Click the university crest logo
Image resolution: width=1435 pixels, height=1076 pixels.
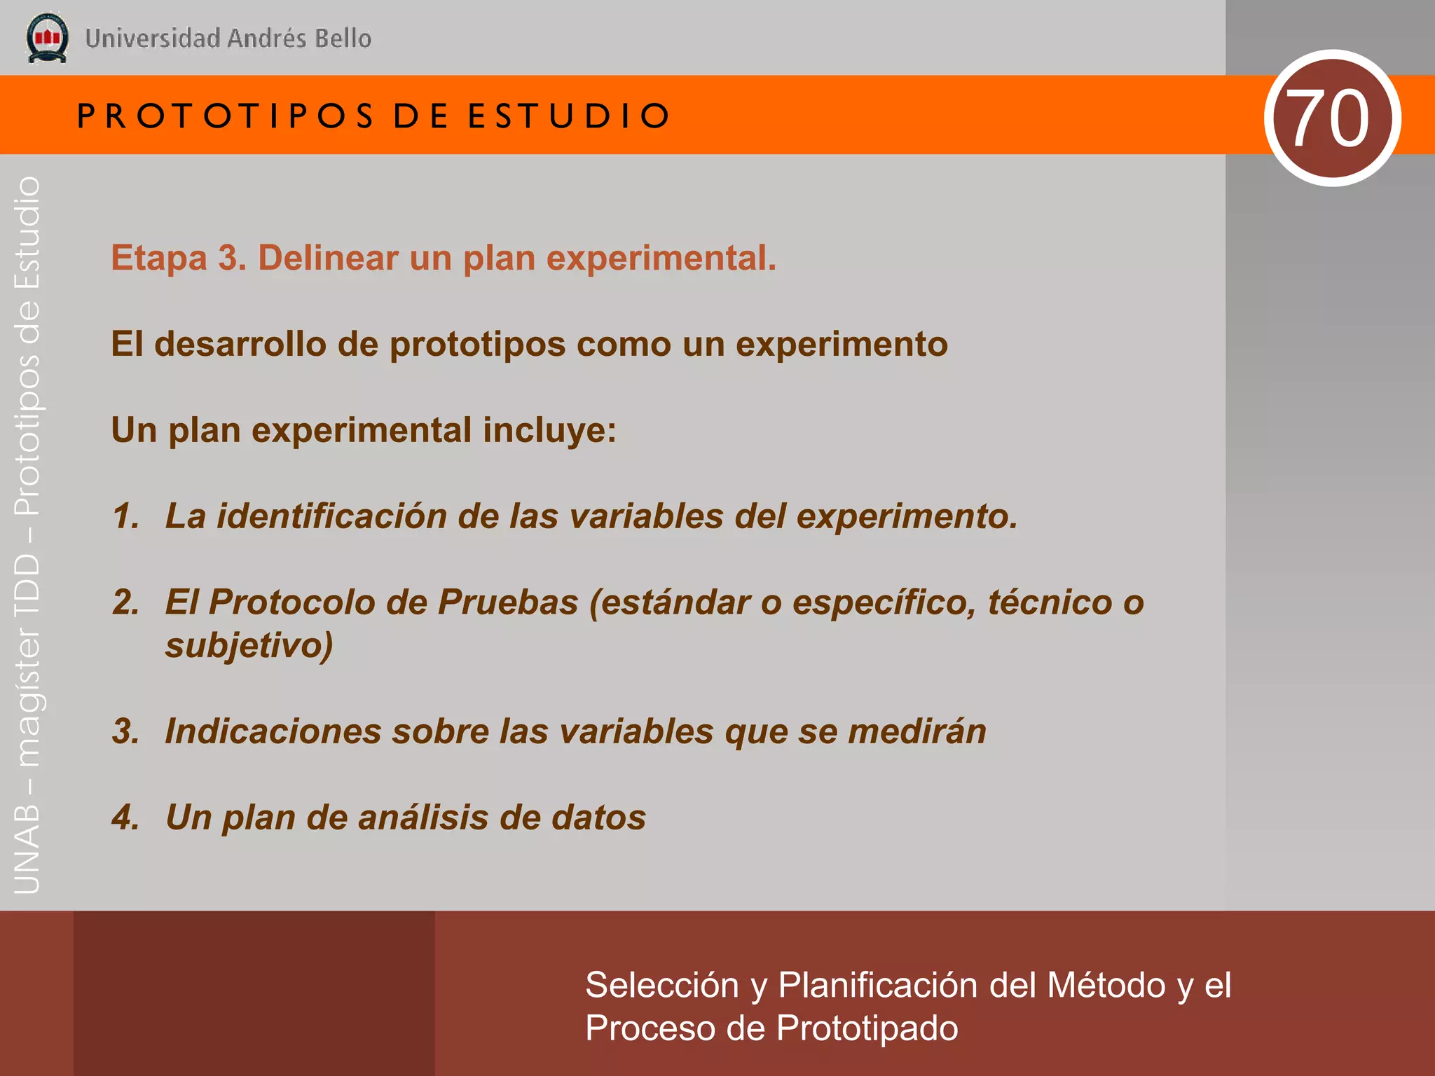(47, 38)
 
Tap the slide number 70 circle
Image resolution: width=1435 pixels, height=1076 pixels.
(1332, 118)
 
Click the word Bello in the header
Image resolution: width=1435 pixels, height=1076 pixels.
(343, 39)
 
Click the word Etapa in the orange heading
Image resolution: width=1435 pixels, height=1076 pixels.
(159, 258)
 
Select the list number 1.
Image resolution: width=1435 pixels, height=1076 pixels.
(125, 516)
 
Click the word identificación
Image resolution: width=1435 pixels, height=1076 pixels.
(331, 516)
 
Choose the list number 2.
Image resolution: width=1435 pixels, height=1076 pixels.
(125, 602)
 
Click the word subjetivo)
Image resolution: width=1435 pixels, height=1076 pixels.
(249, 645)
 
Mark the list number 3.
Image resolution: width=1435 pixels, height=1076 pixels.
(125, 731)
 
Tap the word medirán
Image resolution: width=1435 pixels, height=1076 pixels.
(916, 731)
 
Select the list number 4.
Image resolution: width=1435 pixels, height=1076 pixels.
(125, 818)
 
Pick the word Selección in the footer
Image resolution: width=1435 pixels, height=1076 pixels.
(662, 986)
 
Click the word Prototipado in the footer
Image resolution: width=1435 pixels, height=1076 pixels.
(867, 1028)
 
